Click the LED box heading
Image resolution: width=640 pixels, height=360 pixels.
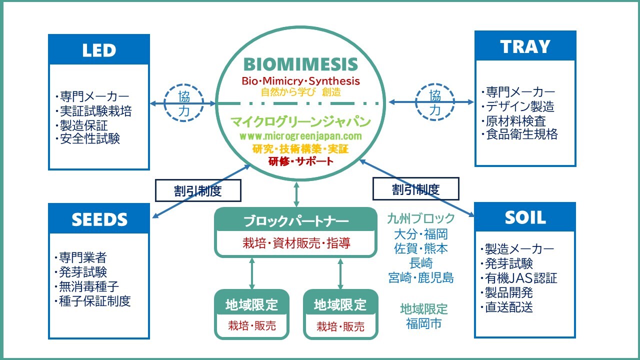(x=99, y=50)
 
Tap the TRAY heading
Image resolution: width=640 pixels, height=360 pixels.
(x=525, y=46)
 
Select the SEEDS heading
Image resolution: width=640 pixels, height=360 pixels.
(x=99, y=219)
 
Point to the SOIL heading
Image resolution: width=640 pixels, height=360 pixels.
(x=525, y=217)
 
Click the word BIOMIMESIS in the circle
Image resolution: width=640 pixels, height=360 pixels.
(x=300, y=64)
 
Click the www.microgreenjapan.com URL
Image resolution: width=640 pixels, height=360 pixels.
(x=300, y=136)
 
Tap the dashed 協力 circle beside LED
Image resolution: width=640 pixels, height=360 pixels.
(x=184, y=103)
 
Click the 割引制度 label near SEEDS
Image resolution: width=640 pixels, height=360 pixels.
(x=198, y=190)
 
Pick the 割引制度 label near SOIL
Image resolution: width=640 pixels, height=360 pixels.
(x=415, y=189)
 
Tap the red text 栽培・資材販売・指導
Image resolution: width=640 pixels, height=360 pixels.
(x=296, y=243)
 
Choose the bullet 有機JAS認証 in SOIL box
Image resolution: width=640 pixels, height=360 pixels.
(x=520, y=278)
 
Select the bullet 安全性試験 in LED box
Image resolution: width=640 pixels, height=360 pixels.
(x=88, y=138)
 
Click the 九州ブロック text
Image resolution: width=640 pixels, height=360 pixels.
(x=421, y=218)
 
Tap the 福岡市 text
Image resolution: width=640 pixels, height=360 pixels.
(x=423, y=323)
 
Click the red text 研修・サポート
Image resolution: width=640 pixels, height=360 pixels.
(x=300, y=161)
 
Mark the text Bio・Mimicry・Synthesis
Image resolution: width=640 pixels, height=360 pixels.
(x=300, y=81)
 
